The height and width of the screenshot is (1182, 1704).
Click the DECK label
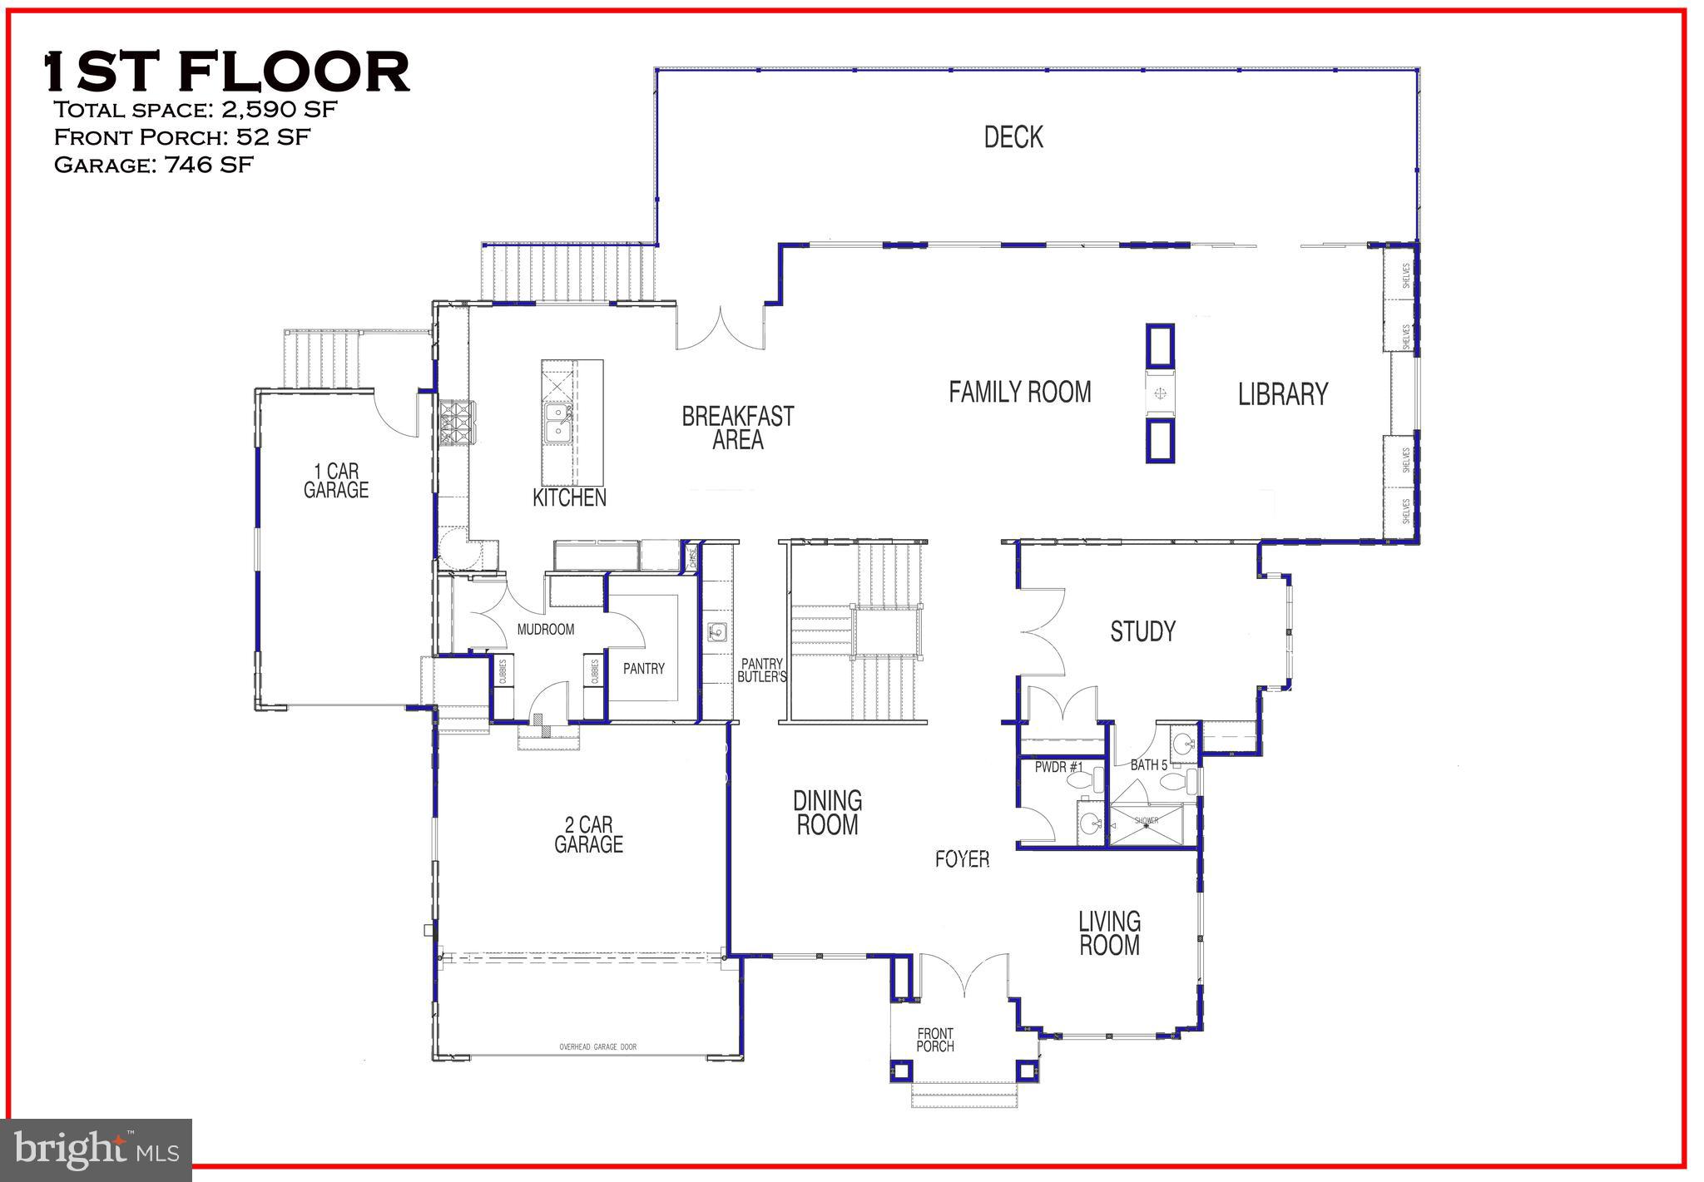click(1013, 137)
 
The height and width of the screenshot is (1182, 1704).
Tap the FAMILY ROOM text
click(1019, 392)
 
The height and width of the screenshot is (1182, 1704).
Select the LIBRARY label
click(1282, 394)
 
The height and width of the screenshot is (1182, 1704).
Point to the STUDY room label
click(1142, 632)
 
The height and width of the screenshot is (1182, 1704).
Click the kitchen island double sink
click(557, 423)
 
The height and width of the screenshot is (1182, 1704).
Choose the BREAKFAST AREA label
click(738, 428)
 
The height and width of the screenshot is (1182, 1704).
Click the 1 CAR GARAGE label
click(335, 481)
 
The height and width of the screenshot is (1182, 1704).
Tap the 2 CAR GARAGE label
click(588, 835)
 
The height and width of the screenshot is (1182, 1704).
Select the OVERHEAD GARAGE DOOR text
click(597, 1046)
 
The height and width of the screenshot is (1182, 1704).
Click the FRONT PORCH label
click(935, 1040)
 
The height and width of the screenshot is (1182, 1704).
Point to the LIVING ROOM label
click(1109, 933)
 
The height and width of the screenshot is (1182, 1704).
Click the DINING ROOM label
click(827, 813)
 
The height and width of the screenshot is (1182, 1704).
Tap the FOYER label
click(962, 859)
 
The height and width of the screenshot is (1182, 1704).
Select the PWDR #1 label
click(1058, 767)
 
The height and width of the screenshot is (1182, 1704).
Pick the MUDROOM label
click(546, 630)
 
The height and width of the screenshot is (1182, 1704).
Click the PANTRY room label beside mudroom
click(644, 668)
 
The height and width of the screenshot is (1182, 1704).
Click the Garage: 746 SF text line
click(153, 165)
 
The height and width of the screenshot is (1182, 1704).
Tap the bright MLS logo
click(97, 1150)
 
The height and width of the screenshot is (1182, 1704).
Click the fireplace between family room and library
click(1160, 393)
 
